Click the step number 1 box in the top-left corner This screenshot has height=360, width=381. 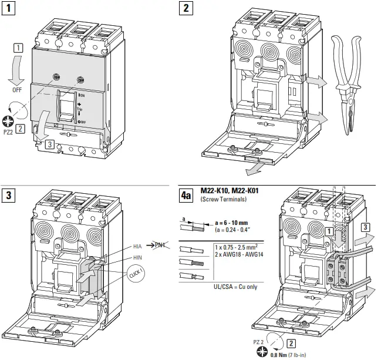click(9, 10)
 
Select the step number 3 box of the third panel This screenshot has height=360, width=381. click(9, 194)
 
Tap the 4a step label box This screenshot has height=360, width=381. click(186, 194)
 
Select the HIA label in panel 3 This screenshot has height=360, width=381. click(139, 245)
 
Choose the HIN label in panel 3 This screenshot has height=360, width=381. click(139, 257)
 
